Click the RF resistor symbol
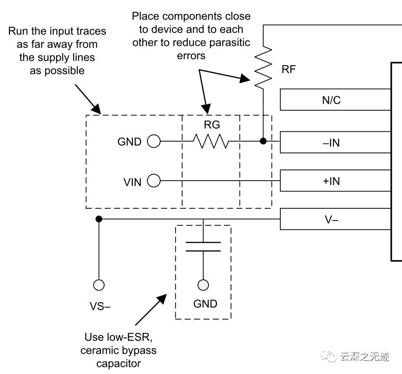[x=263, y=68]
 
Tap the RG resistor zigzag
[x=211, y=141]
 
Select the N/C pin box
[x=335, y=99]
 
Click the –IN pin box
[x=335, y=143]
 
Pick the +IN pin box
[x=335, y=181]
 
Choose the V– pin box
[x=335, y=219]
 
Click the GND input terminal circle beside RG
[x=154, y=141]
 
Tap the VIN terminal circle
[x=154, y=181]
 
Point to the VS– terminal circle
[x=99, y=285]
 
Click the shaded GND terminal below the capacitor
[x=203, y=285]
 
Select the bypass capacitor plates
[x=203, y=246]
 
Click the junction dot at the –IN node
[x=263, y=141]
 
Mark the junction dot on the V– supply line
[x=99, y=219]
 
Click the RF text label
[x=289, y=69]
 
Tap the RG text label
[x=212, y=125]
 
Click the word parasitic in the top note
[x=230, y=43]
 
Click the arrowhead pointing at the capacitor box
[x=162, y=299]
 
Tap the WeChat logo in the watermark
[x=329, y=356]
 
